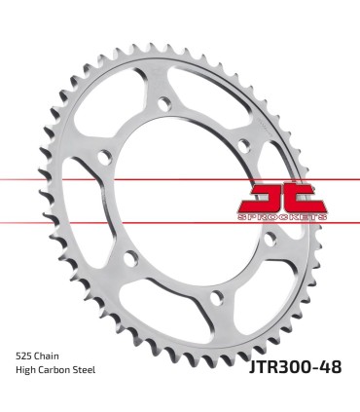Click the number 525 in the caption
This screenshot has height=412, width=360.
[28, 355]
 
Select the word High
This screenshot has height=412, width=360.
[29, 371]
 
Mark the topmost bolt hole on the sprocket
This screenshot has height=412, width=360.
[157, 101]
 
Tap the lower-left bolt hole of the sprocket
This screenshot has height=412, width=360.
[126, 258]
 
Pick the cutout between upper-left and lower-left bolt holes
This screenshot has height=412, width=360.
[88, 209]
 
